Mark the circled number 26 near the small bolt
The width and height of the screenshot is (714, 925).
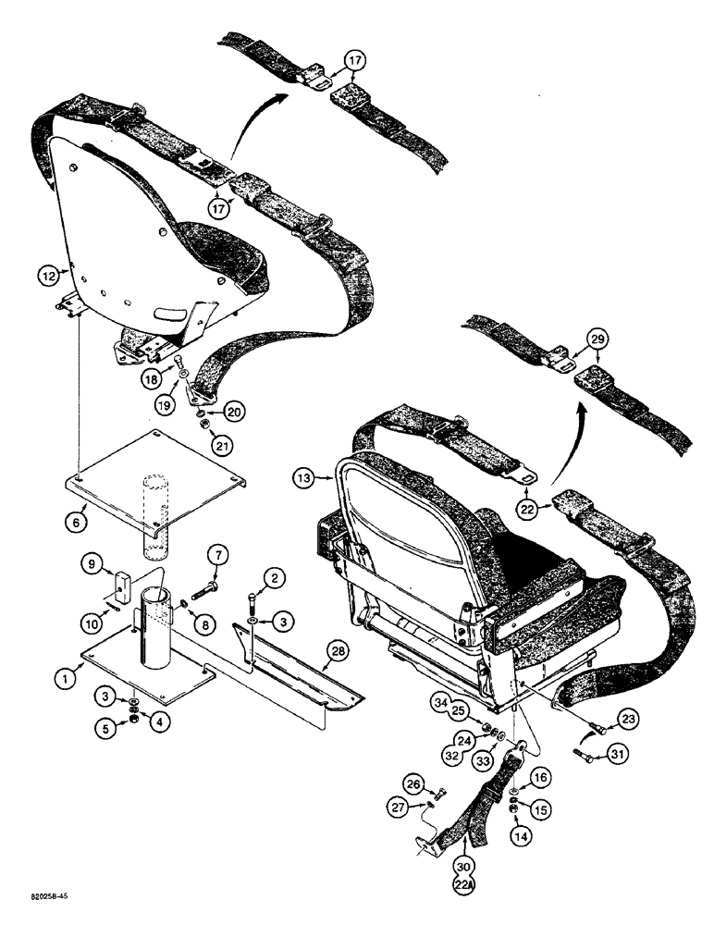click(x=413, y=787)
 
